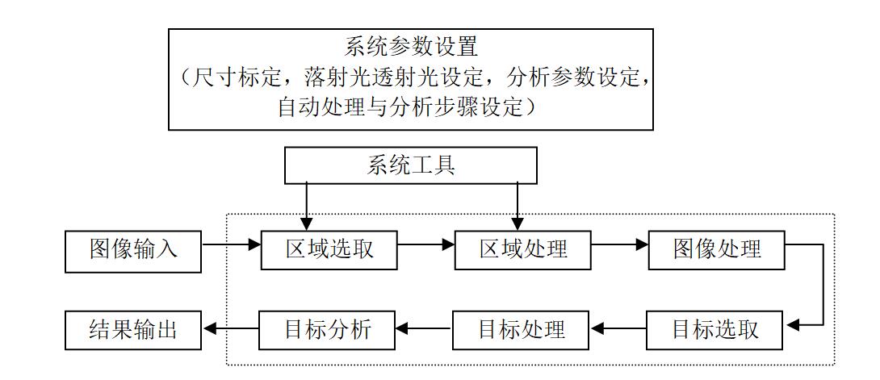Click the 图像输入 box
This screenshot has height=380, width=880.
(133, 251)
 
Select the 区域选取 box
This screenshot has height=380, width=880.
(329, 250)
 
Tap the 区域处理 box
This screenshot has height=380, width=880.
(523, 250)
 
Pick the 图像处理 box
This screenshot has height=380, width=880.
(717, 250)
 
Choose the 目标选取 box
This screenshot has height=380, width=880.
(714, 330)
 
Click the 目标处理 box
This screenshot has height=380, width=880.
(521, 330)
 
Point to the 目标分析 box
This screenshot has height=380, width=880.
(327, 330)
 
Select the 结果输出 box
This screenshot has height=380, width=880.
(133, 330)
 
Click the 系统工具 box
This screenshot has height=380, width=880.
(411, 165)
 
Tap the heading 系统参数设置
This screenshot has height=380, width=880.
(411, 47)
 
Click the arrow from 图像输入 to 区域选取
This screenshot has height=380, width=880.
(231, 244)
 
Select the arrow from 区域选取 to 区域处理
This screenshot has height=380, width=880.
(426, 244)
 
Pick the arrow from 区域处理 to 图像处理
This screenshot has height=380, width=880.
(620, 244)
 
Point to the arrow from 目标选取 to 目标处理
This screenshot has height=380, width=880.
(618, 329)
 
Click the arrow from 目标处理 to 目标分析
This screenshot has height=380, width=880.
(424, 329)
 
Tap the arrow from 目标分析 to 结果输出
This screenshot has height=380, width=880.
(230, 329)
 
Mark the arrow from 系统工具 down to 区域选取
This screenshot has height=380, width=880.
(307, 207)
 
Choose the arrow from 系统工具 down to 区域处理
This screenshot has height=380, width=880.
(517, 207)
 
